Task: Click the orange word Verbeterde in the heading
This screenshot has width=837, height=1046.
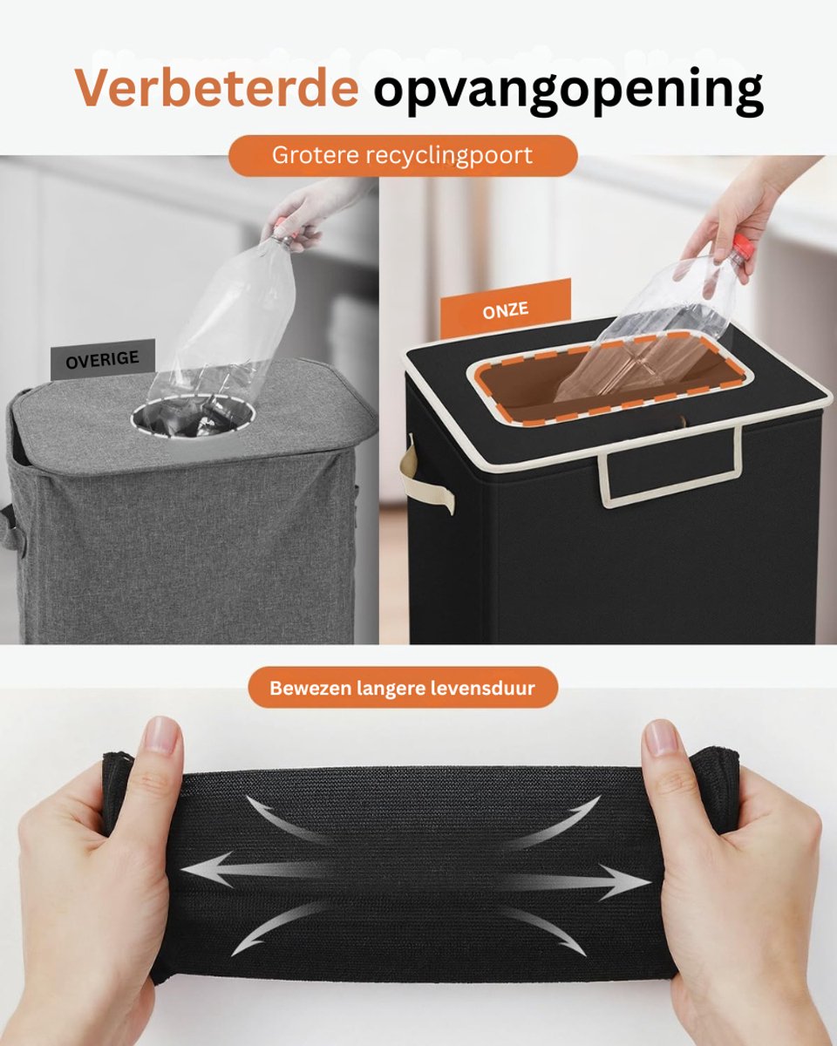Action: click(x=217, y=87)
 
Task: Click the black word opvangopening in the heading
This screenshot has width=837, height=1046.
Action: click(x=568, y=92)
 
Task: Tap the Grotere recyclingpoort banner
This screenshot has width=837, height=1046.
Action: click(x=403, y=155)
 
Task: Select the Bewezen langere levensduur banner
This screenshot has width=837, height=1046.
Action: click(x=403, y=688)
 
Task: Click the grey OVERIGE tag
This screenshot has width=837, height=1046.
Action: click(x=103, y=360)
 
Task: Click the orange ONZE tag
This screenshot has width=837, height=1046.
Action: click(x=506, y=309)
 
